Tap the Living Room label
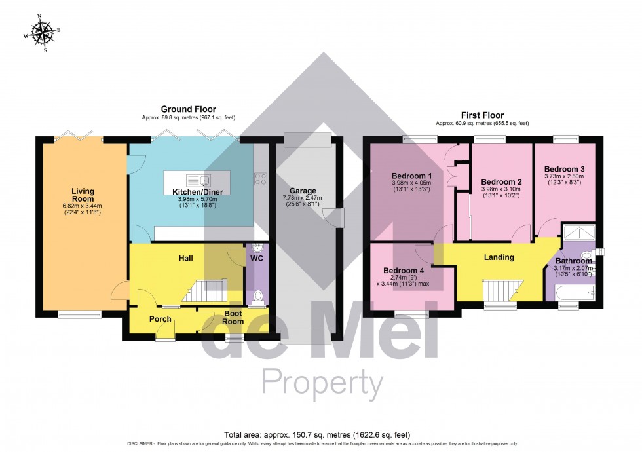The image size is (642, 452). tap(83, 195)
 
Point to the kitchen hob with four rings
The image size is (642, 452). tap(260, 178)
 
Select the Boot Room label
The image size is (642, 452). tap(233, 317)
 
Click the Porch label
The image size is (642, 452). tap(160, 319)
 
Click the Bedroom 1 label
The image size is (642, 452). tap(411, 176)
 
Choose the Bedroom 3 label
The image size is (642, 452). tap(564, 168)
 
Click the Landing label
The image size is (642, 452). tap(499, 257)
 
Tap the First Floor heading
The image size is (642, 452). tap(482, 115)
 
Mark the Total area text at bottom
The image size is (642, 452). tap(321, 434)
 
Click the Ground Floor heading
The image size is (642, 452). tap(189, 109)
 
